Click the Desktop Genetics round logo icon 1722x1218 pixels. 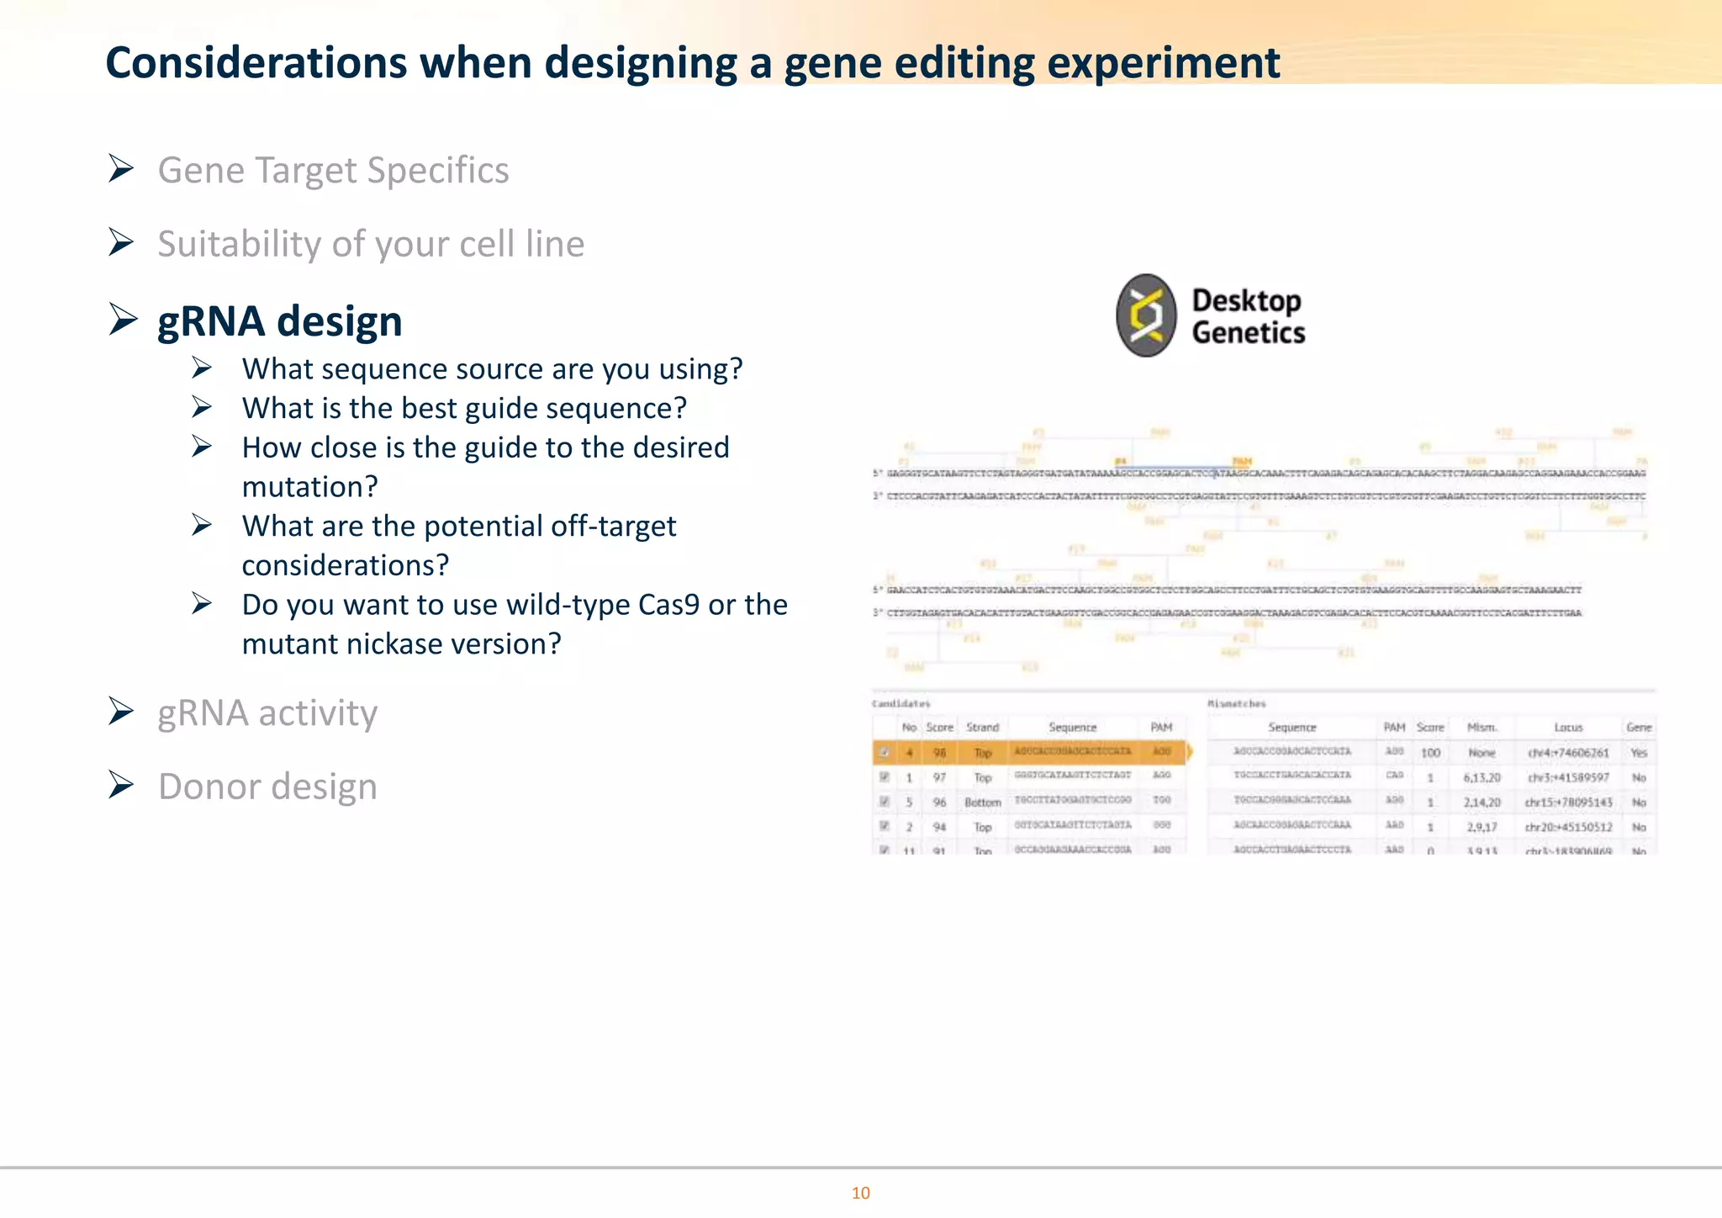(x=1146, y=315)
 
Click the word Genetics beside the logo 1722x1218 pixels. (x=1248, y=333)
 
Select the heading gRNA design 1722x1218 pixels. (x=280, y=321)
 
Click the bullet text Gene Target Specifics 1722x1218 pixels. (x=333, y=170)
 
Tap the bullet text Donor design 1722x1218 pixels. (x=267, y=786)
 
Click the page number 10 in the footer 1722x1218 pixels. (x=860, y=1193)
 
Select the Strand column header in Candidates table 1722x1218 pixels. (x=982, y=728)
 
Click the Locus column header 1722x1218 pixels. (x=1568, y=728)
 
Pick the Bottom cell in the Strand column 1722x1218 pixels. (x=982, y=802)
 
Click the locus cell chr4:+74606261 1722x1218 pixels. (x=1568, y=753)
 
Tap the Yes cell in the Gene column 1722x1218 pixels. (x=1639, y=753)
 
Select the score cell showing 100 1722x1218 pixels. (x=1430, y=753)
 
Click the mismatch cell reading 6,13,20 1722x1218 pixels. (x=1482, y=778)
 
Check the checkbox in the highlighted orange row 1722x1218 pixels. (x=884, y=753)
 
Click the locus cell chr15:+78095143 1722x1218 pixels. (x=1568, y=802)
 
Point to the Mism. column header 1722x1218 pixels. (x=1482, y=728)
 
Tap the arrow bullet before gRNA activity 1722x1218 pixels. (x=121, y=712)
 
